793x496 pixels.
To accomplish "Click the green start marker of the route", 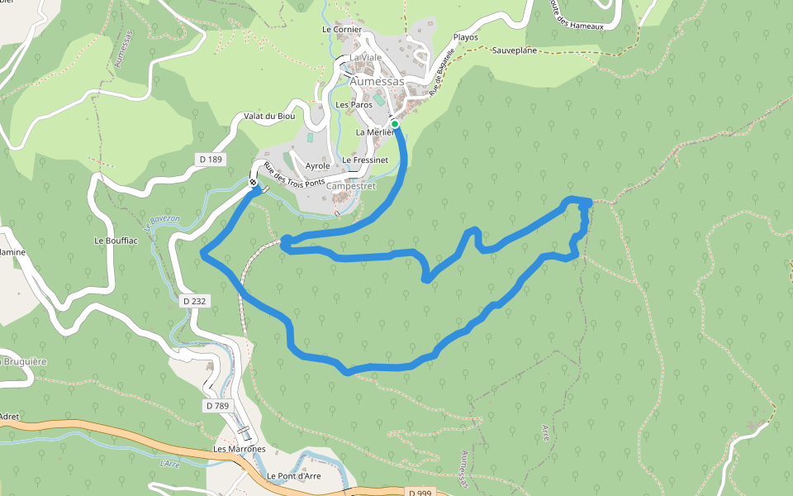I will [x=395, y=124].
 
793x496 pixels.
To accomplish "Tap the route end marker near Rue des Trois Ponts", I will [x=253, y=183].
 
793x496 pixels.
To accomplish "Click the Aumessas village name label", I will [x=377, y=82].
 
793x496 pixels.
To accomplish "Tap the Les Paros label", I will [x=354, y=105].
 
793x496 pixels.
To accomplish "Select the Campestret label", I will [x=351, y=186].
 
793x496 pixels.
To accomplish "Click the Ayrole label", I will [x=318, y=166].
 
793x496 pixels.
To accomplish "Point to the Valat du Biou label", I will [x=269, y=117].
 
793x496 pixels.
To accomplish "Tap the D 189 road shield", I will [x=211, y=159].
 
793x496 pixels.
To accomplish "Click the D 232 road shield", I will [x=192, y=301].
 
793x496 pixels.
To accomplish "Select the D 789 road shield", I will [x=216, y=406].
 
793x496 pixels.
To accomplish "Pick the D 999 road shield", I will [x=420, y=493].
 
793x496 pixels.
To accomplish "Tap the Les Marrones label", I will [x=240, y=449].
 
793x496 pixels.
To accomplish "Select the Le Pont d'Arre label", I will [x=294, y=476].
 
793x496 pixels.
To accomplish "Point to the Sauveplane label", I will [x=515, y=50].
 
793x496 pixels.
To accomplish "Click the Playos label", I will [x=466, y=37].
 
